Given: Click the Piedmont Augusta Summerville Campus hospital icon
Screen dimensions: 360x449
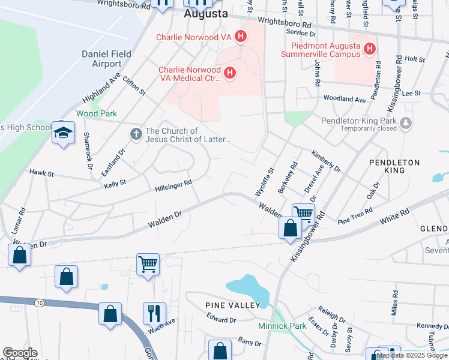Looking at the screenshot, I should pyautogui.click(x=370, y=49).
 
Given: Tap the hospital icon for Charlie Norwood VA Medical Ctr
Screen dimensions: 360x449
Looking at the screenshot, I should pyautogui.click(x=229, y=74).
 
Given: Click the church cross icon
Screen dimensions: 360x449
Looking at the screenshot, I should pyautogui.click(x=136, y=135).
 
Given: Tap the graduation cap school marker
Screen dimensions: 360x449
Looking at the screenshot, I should pyautogui.click(x=63, y=134).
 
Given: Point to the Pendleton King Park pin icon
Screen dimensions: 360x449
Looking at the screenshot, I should pyautogui.click(x=406, y=123).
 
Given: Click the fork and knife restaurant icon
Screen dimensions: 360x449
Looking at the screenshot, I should pyautogui.click(x=154, y=313).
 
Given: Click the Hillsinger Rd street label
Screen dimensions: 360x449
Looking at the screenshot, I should pyautogui.click(x=173, y=187).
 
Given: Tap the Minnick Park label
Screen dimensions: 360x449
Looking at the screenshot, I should pyautogui.click(x=282, y=326).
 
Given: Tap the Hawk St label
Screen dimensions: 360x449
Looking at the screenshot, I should pyautogui.click(x=42, y=173).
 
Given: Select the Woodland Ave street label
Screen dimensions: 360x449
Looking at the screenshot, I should pyautogui.click(x=344, y=99).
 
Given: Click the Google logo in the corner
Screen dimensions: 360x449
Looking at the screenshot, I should pyautogui.click(x=20, y=353).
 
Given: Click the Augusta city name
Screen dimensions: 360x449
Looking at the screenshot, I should pyautogui.click(x=205, y=13).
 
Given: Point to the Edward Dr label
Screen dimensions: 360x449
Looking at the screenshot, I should pyautogui.click(x=221, y=320).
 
